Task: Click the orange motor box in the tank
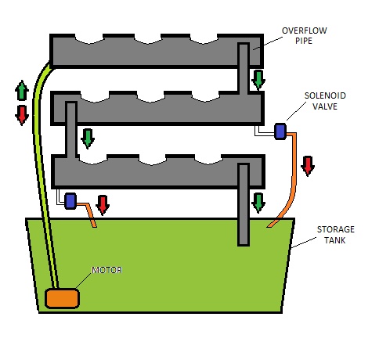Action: [62, 298]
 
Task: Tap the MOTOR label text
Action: [107, 270]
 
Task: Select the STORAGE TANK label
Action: [335, 235]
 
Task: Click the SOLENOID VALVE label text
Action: [325, 101]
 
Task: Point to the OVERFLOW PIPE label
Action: [304, 35]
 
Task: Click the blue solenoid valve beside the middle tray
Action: [280, 131]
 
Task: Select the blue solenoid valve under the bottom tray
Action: [70, 201]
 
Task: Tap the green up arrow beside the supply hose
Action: [22, 90]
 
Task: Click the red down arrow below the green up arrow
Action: [22, 115]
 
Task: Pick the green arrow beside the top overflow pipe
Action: [258, 80]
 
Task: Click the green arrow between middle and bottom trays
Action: [88, 139]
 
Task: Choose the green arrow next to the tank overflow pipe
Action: [258, 203]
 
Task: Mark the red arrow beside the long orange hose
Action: [308, 166]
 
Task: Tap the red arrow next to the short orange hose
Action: [103, 205]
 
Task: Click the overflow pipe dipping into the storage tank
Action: [244, 205]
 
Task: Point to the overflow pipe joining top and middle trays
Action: [244, 68]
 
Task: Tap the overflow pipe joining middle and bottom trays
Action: [71, 130]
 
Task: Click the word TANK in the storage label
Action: [335, 240]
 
